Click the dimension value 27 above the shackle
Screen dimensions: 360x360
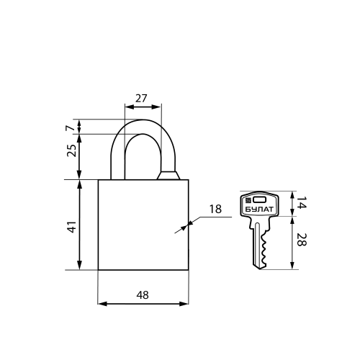tap(141, 99)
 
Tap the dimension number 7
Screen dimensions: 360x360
tap(70, 128)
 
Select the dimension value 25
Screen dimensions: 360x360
tap(71, 150)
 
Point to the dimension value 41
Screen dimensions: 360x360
tap(71, 227)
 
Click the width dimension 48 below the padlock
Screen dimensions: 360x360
tap(143, 295)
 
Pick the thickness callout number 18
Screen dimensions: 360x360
tap(215, 210)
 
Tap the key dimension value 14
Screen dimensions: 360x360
tap(302, 202)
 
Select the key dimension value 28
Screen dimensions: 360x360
tap(302, 240)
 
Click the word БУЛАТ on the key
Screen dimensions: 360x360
tap(259, 210)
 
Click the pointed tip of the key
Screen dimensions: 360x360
tap(259, 269)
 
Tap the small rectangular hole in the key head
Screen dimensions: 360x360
tap(260, 199)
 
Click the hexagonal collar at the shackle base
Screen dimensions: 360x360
tap(168, 175)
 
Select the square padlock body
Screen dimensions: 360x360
tap(143, 225)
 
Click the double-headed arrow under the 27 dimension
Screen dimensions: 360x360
tap(143, 107)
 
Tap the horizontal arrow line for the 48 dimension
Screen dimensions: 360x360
tap(143, 304)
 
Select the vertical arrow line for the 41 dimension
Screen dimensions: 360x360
tap(80, 225)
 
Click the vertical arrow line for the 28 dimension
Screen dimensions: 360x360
tap(292, 243)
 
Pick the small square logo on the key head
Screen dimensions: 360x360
tap(248, 199)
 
